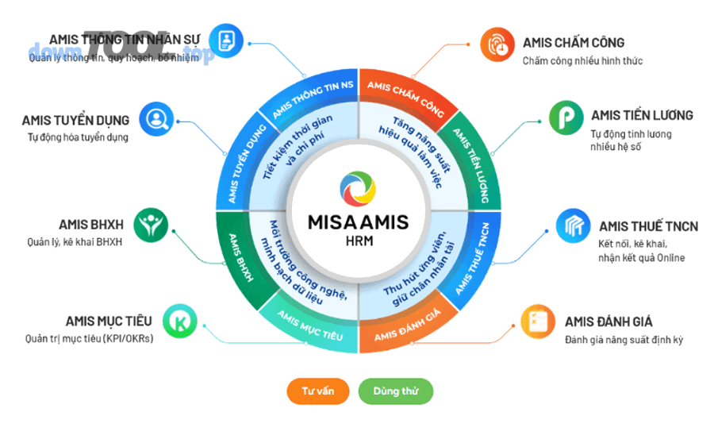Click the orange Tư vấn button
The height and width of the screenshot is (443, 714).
point(318,391)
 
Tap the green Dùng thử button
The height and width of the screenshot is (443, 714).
point(396,391)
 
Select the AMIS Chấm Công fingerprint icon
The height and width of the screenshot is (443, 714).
point(497,45)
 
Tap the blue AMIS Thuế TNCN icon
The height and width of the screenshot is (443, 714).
point(571,226)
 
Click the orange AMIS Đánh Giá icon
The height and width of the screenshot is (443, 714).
point(537,322)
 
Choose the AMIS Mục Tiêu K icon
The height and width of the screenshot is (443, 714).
point(179,322)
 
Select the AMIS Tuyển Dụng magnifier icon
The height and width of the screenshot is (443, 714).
point(155,119)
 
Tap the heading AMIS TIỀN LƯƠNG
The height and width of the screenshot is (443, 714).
point(642,115)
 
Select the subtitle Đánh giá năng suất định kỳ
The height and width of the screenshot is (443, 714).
point(624,340)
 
